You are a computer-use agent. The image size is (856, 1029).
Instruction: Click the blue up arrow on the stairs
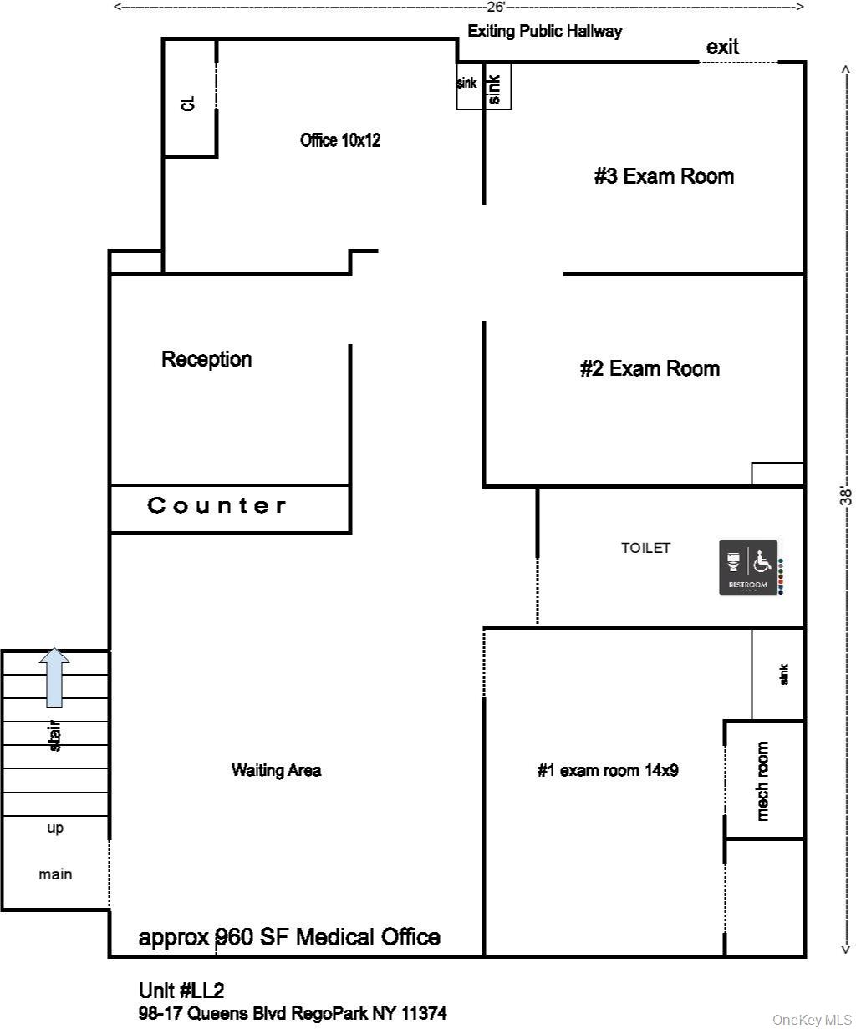click(54, 677)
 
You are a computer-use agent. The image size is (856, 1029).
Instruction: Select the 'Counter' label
click(217, 505)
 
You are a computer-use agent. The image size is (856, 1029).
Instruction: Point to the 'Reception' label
click(206, 359)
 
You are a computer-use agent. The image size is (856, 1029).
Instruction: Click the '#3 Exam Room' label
click(664, 176)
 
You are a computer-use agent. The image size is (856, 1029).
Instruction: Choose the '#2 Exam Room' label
click(650, 368)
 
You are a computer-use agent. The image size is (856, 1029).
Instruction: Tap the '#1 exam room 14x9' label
click(607, 770)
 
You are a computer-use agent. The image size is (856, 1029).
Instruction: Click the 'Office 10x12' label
click(340, 140)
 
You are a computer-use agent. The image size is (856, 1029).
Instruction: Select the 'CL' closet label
click(188, 103)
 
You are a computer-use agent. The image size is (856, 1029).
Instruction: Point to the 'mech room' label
click(762, 781)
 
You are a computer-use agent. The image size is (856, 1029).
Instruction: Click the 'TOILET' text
click(645, 548)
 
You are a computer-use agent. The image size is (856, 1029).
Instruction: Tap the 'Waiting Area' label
click(276, 770)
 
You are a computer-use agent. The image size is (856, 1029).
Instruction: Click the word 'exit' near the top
click(722, 48)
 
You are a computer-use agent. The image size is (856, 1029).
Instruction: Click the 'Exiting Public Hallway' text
click(544, 32)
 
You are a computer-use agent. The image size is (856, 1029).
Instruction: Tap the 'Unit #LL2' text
click(181, 991)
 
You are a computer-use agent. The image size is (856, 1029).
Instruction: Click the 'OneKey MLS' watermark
click(812, 1020)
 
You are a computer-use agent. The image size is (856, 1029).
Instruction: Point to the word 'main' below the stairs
click(55, 874)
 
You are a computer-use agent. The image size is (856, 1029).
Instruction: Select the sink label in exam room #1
click(783, 674)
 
